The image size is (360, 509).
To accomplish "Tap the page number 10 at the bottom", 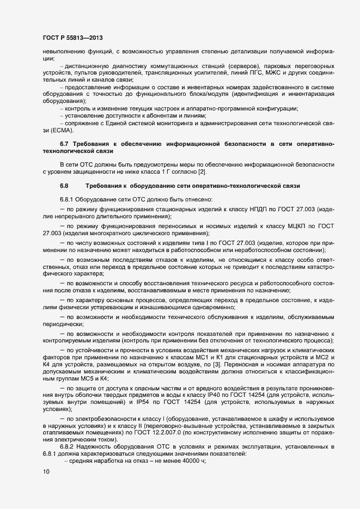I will pos(45,472).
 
